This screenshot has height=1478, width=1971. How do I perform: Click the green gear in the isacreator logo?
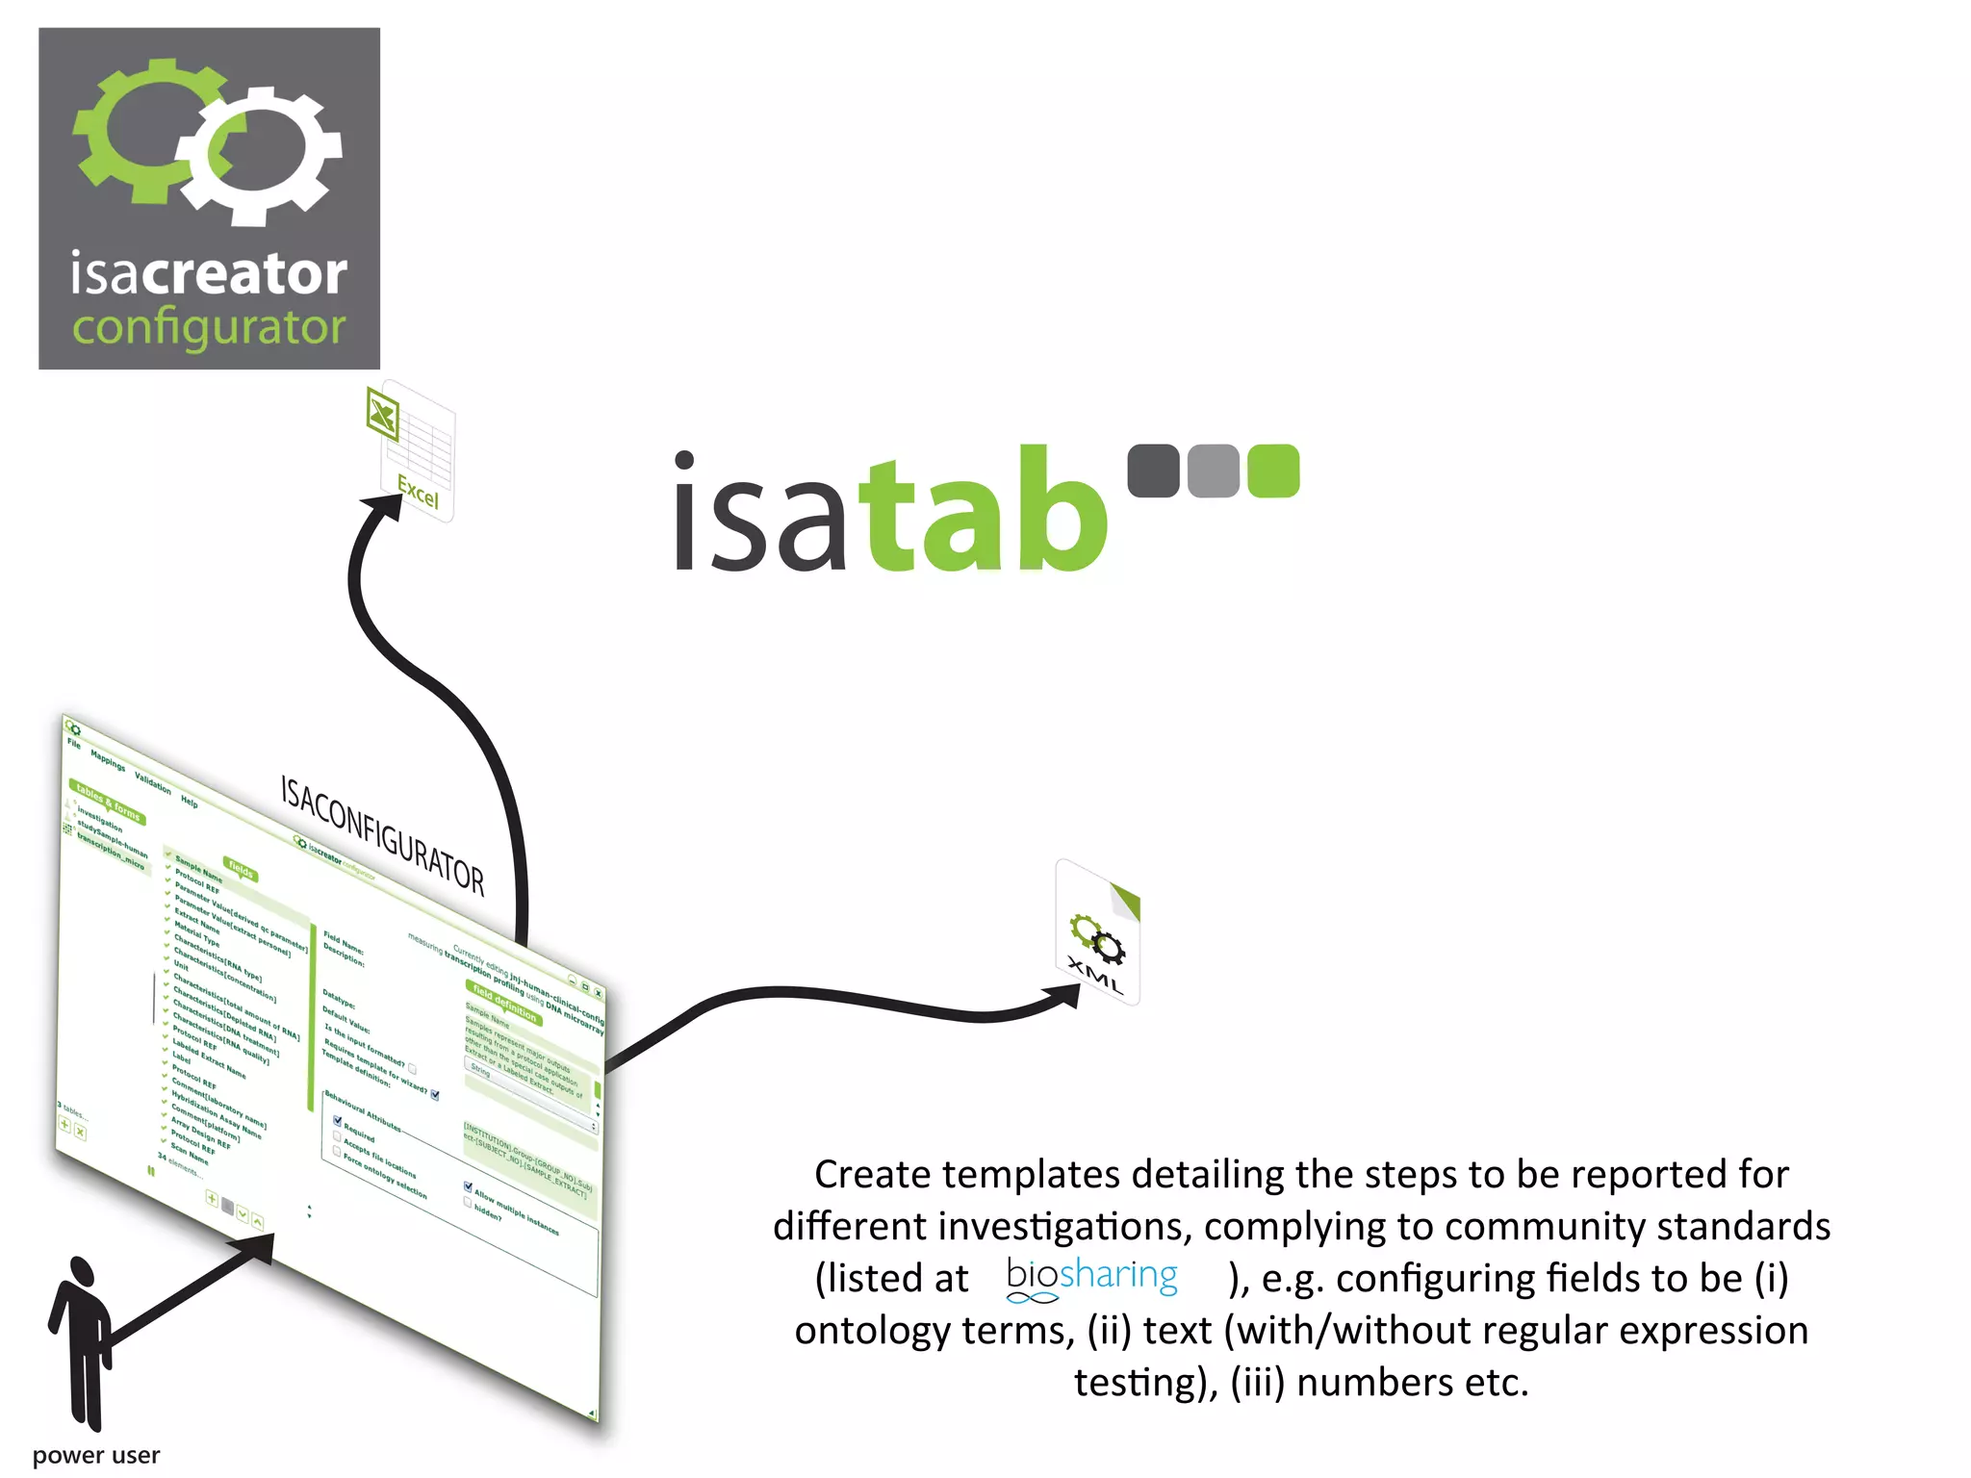coord(144,130)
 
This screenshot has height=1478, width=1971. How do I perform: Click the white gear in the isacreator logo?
coord(266,154)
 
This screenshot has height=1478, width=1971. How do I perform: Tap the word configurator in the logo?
coord(208,328)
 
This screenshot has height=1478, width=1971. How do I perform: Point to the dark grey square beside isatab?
coord(1153,471)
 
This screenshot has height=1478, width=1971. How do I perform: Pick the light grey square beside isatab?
coord(1213,471)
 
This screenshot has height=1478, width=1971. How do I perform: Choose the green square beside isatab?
coord(1273,471)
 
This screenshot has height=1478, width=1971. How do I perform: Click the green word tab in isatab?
coord(982,510)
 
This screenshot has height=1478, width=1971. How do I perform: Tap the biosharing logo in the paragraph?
coord(1091,1278)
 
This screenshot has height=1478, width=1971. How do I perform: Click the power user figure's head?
coord(81,1272)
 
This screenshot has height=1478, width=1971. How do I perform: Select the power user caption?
coord(96,1455)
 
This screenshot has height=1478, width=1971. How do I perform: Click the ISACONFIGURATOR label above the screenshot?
coord(382,833)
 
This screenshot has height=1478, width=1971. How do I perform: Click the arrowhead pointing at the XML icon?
coord(1062,997)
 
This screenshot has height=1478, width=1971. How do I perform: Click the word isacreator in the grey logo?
coord(208,274)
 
